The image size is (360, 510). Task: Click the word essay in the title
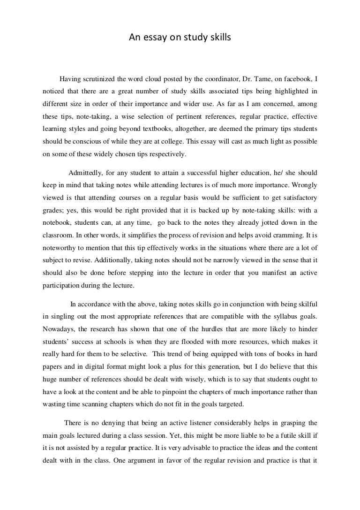(x=155, y=38)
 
